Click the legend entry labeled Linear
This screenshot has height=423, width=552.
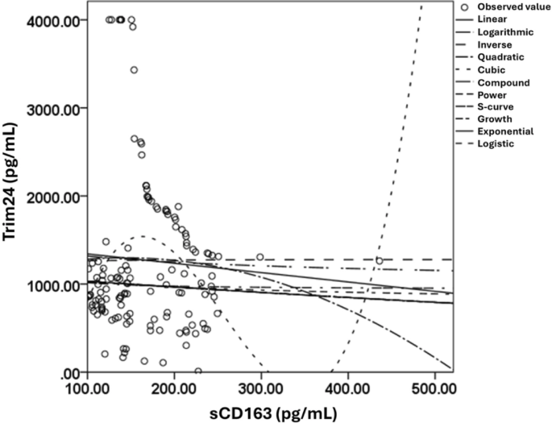click(492, 18)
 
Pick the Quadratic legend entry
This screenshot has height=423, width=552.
click(500, 57)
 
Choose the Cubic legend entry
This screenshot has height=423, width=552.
click(491, 70)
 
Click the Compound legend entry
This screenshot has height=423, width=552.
click(503, 83)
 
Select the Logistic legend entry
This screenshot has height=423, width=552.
click(496, 143)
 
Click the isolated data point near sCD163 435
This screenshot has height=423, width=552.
click(380, 261)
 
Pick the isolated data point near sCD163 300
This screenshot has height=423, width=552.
click(260, 257)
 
